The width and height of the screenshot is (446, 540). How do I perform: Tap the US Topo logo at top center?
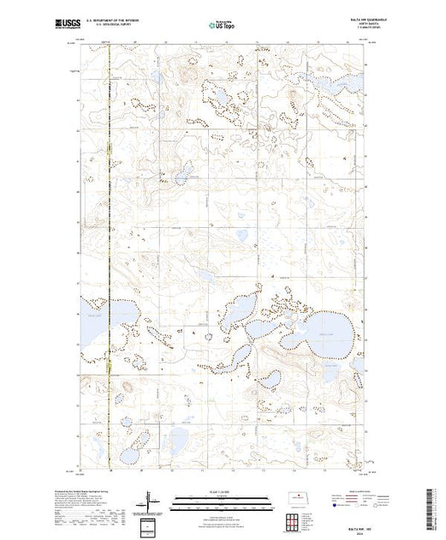[223, 25]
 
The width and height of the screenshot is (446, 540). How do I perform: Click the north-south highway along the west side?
[110, 257]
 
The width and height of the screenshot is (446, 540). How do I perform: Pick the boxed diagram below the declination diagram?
[151, 524]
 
